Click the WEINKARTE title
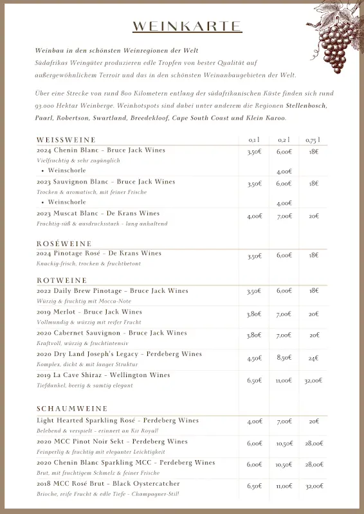click(187, 26)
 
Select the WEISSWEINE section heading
click(66, 139)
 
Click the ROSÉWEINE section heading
click(64, 244)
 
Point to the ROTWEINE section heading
click(62, 280)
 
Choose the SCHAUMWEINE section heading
click(72, 409)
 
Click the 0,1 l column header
click(254, 140)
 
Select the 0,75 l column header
click(313, 140)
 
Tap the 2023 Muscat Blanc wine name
click(98, 213)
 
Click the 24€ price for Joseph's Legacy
click(313, 359)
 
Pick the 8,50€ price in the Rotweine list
click(284, 359)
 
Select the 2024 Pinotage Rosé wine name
click(99, 253)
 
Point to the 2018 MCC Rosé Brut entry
click(108, 483)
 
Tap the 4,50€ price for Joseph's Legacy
click(254, 359)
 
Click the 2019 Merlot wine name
click(89, 312)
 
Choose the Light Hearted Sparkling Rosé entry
click(118, 420)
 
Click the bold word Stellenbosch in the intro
click(306, 105)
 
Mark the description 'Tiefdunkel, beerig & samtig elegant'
click(85, 385)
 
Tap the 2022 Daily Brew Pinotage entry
click(113, 290)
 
